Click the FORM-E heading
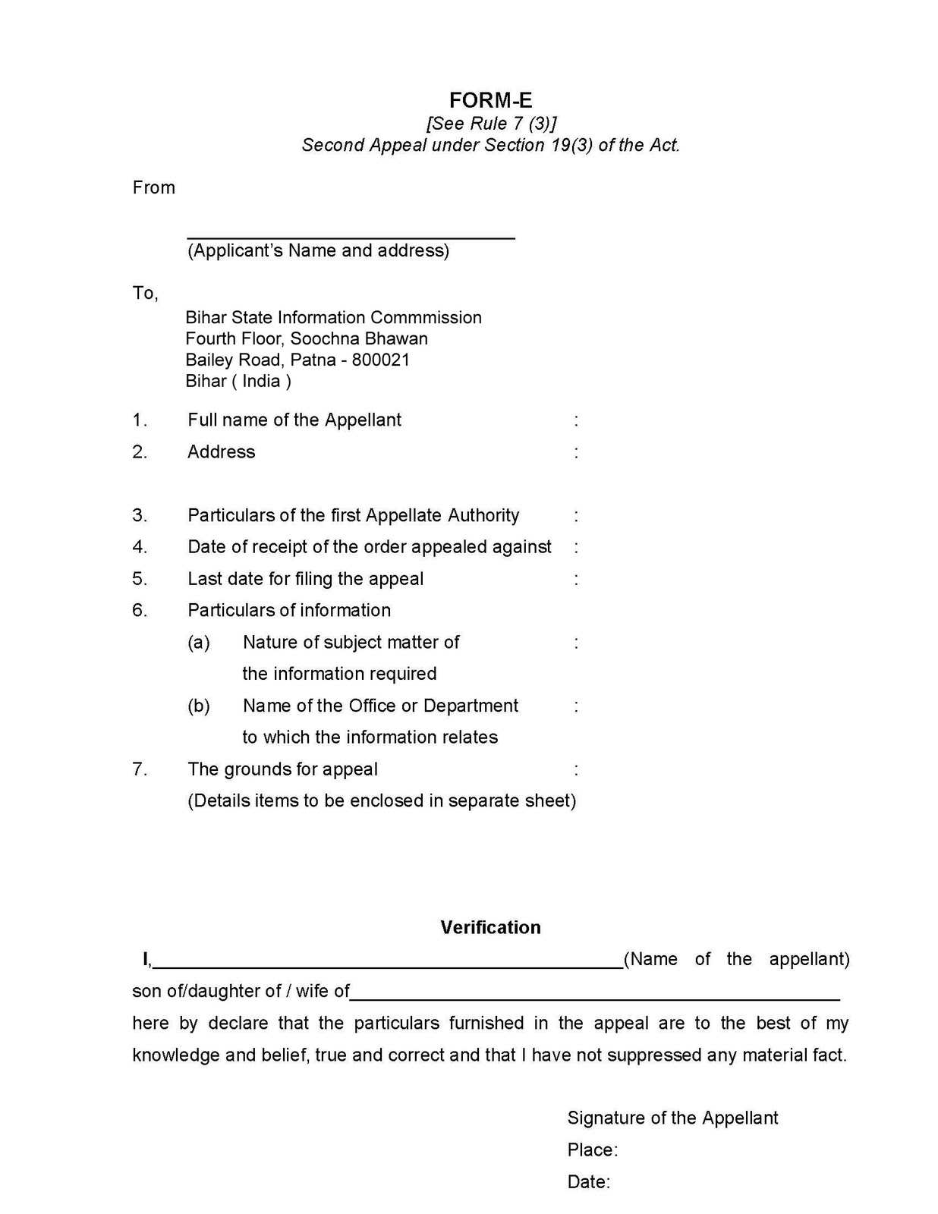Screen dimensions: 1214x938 pyautogui.click(x=490, y=100)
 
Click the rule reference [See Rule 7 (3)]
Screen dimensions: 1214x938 pyautogui.click(x=491, y=123)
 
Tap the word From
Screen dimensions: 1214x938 pyautogui.click(x=153, y=187)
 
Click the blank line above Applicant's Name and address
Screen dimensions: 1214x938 pyautogui.click(x=351, y=237)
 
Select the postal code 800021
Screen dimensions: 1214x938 pyautogui.click(x=381, y=360)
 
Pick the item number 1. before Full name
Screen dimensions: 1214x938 pyautogui.click(x=140, y=420)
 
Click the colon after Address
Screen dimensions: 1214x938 pyautogui.click(x=577, y=452)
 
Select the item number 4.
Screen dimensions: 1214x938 pyautogui.click(x=140, y=547)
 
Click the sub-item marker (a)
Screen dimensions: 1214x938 pyautogui.click(x=199, y=643)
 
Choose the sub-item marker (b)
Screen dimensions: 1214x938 pyautogui.click(x=199, y=706)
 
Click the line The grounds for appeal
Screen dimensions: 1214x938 pyautogui.click(x=282, y=769)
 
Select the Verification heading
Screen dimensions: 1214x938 pyautogui.click(x=490, y=927)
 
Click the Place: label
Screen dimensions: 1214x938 pyautogui.click(x=592, y=1150)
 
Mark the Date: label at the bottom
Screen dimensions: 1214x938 pyautogui.click(x=588, y=1181)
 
